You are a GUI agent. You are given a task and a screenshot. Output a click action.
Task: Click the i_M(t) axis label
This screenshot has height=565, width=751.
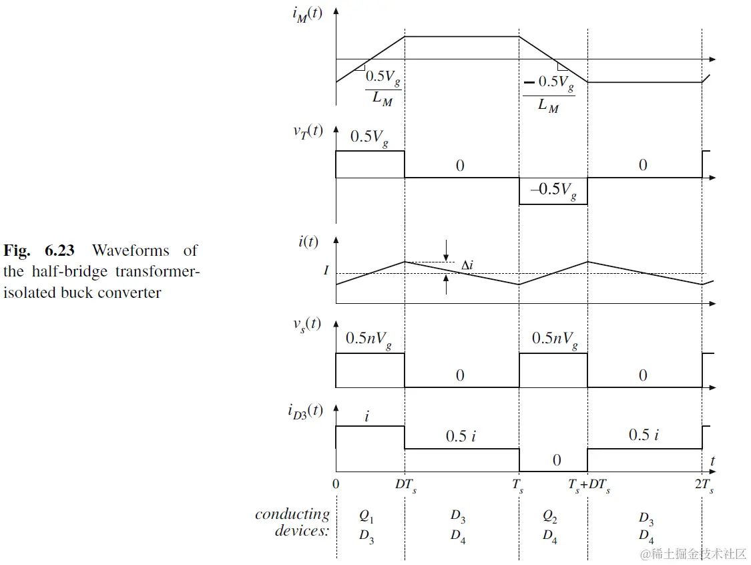point(307,15)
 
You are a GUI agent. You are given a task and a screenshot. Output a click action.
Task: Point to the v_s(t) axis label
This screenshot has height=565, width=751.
point(308,325)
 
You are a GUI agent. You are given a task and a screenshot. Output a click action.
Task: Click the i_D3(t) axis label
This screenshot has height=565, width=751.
point(305,411)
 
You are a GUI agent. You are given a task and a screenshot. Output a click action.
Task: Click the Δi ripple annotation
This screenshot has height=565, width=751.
point(467,266)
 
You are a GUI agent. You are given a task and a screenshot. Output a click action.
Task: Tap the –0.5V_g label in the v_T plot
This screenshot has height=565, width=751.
point(553,190)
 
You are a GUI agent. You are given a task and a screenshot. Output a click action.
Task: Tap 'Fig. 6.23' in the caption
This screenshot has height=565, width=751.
point(39,251)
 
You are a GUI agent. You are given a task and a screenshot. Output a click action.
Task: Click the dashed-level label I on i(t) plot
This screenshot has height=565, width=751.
point(326,270)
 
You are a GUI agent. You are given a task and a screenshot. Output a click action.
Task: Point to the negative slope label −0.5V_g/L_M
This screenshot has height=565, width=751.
point(548,93)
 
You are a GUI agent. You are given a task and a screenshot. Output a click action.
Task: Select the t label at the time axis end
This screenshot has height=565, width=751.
point(713,461)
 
